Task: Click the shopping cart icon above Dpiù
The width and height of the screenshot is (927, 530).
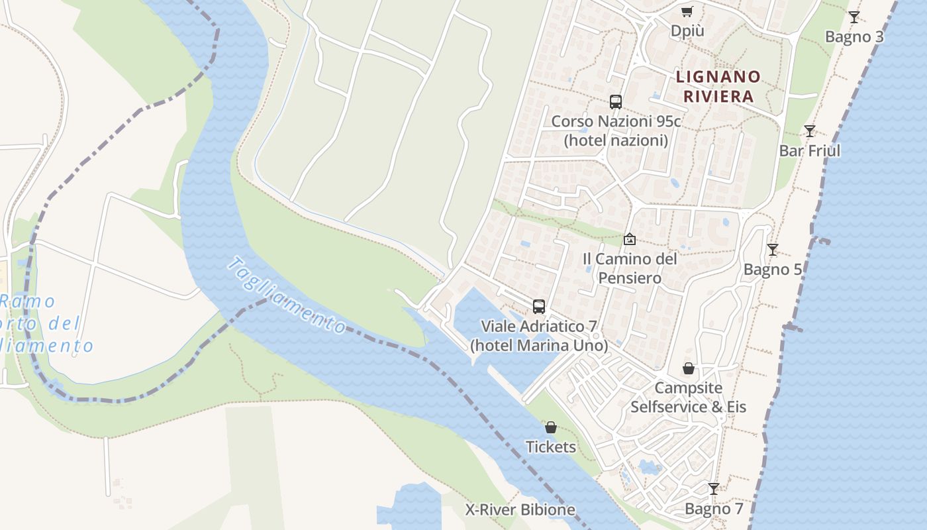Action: tap(687, 11)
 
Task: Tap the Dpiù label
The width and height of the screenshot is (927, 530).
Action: tap(687, 31)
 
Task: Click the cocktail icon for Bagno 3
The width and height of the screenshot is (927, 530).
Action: tap(854, 17)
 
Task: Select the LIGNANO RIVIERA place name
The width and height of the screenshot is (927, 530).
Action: tap(718, 87)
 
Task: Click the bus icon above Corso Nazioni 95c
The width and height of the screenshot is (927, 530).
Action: tap(616, 102)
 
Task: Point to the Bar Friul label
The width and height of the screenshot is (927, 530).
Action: tap(809, 151)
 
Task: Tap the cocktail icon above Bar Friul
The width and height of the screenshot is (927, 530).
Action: tap(809, 131)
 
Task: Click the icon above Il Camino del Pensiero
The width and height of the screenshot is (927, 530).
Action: tap(630, 239)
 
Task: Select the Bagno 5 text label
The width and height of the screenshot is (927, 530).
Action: tap(772, 270)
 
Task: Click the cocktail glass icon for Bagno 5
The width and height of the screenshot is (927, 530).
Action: tap(772, 250)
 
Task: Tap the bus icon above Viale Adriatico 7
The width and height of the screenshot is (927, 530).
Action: tap(539, 307)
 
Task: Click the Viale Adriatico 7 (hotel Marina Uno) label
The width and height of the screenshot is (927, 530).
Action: tap(539, 336)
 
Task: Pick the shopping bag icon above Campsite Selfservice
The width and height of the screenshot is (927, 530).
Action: tap(689, 368)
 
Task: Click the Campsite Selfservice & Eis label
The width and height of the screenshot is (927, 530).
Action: tap(689, 397)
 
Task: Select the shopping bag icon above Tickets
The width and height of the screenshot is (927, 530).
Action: tap(551, 427)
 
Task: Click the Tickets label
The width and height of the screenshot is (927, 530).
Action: tap(551, 447)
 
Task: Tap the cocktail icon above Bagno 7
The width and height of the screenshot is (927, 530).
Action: tap(714, 489)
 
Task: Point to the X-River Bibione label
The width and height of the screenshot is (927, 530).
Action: tap(520, 510)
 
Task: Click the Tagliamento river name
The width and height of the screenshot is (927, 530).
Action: tap(286, 295)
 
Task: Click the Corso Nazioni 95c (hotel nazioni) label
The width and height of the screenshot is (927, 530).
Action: tap(616, 131)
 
